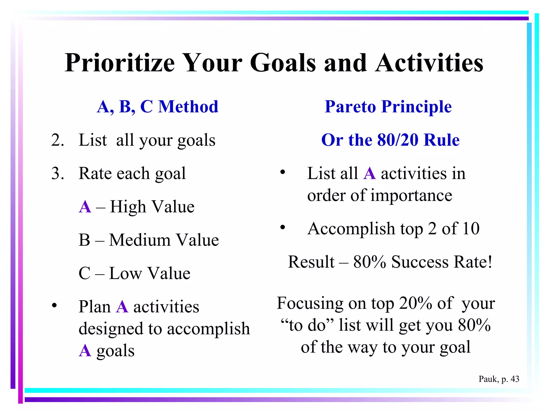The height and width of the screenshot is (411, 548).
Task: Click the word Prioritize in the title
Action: point(120,63)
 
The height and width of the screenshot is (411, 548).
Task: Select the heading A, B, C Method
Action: point(157,107)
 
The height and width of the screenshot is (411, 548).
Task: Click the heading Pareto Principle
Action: point(388,107)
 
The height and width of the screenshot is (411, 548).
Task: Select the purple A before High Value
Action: point(85,207)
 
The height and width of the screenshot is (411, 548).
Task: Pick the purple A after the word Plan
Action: point(122,307)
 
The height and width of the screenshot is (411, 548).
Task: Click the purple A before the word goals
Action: point(85,351)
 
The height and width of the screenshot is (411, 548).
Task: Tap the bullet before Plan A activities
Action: point(55,305)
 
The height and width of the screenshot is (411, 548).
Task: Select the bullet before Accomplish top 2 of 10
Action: point(283,227)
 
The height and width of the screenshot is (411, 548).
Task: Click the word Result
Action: point(311,262)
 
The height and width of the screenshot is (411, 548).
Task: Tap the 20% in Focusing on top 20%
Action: point(415,303)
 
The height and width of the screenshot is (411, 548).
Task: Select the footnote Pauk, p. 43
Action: point(499,379)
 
